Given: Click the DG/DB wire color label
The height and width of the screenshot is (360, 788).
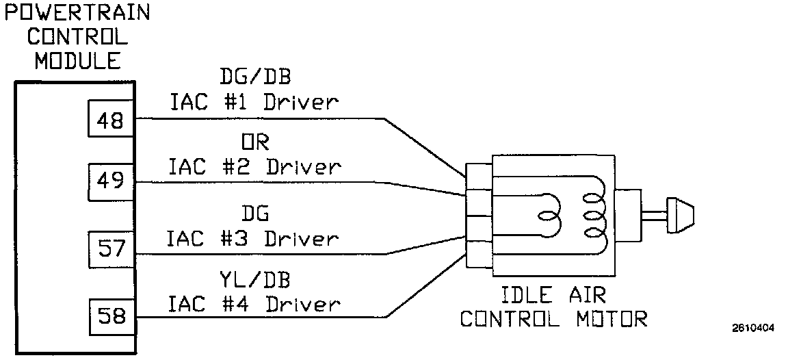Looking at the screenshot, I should pyautogui.click(x=254, y=75).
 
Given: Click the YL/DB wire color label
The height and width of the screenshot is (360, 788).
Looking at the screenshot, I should pyautogui.click(x=254, y=280).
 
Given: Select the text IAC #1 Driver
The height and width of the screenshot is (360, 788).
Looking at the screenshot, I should pyautogui.click(x=254, y=103).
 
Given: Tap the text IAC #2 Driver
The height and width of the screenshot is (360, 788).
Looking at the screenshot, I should pyautogui.click(x=254, y=167).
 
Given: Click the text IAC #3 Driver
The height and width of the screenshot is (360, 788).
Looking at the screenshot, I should pyautogui.click(x=254, y=239).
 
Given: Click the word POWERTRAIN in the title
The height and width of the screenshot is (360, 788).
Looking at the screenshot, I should pyautogui.click(x=76, y=13).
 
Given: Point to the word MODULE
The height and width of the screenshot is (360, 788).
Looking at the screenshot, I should pyautogui.click(x=78, y=61).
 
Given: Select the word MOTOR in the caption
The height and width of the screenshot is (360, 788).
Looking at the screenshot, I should pyautogui.click(x=611, y=319).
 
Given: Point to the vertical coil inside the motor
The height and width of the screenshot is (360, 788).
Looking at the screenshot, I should pyautogui.click(x=594, y=214).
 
